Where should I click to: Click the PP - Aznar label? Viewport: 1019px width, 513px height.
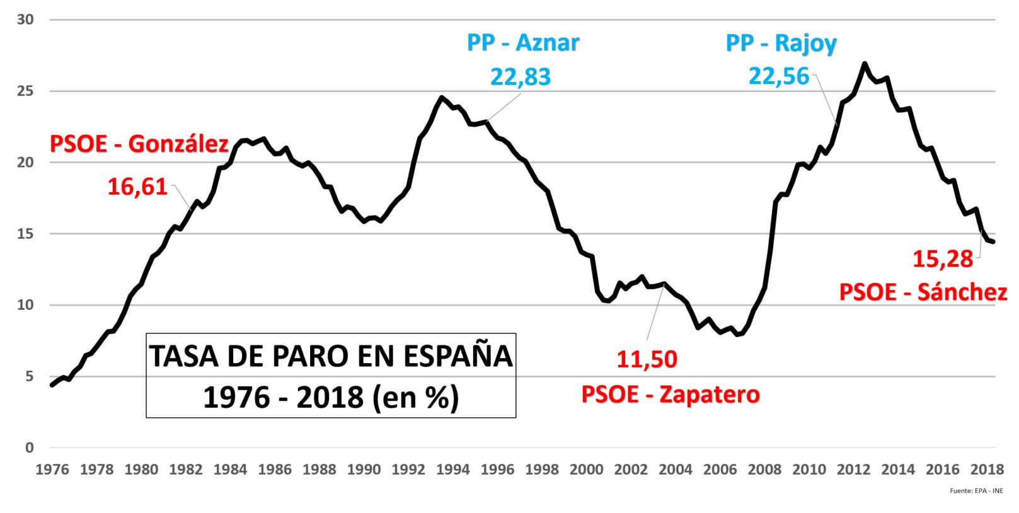(522, 43)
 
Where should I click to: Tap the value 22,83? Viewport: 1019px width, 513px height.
(521, 76)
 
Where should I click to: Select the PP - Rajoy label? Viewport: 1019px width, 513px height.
(781, 43)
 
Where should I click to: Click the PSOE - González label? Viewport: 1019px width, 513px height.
(139, 144)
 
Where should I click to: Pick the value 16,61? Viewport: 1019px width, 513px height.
(137, 187)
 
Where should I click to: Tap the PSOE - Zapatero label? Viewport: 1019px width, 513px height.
(671, 394)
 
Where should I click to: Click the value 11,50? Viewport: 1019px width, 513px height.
(647, 359)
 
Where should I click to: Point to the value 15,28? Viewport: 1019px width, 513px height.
(943, 258)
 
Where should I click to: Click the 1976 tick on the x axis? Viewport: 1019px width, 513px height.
(52, 470)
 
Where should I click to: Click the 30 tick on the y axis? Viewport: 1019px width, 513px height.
(25, 20)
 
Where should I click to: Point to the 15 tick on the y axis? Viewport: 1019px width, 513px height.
(25, 234)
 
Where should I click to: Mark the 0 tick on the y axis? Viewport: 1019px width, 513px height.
(29, 447)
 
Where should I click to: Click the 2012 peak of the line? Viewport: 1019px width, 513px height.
(864, 63)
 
